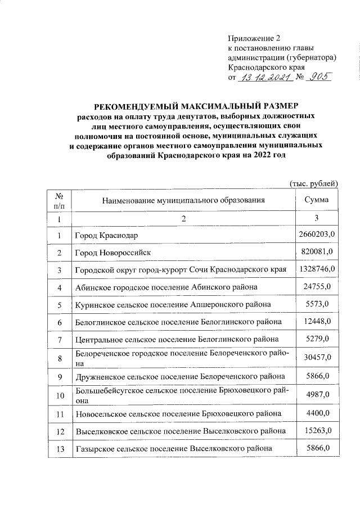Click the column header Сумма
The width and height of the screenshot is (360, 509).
(x=316, y=200)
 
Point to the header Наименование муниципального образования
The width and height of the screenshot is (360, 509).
(x=179, y=200)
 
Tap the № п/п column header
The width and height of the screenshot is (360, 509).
(x=59, y=200)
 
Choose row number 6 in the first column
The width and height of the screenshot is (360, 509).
(x=59, y=322)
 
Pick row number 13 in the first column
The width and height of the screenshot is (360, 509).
(x=59, y=449)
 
